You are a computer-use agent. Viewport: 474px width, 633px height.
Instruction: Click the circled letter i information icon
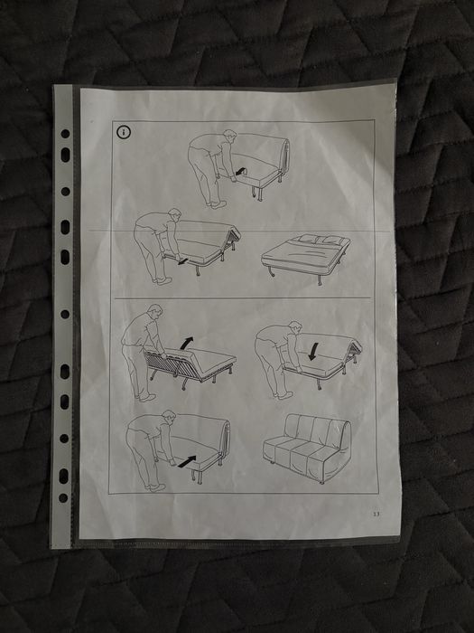(124, 132)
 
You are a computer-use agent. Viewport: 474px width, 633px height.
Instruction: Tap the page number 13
(376, 514)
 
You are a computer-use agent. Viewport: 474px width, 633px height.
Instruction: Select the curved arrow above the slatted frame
(186, 343)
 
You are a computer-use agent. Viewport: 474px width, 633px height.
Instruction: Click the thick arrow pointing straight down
(312, 352)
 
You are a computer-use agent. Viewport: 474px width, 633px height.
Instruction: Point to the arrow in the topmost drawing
(242, 172)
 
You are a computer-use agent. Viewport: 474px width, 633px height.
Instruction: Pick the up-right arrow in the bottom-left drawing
(187, 462)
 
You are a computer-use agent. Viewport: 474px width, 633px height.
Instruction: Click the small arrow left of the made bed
(182, 261)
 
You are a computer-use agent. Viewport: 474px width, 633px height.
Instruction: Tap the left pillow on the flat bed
(307, 239)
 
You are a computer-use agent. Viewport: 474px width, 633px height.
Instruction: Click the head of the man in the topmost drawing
(229, 136)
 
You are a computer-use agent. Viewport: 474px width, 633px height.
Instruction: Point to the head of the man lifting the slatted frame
(155, 311)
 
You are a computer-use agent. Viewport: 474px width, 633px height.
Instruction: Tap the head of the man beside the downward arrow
(294, 327)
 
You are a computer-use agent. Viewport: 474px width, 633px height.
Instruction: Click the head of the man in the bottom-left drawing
(169, 417)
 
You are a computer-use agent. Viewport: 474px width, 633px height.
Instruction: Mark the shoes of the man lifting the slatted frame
(145, 398)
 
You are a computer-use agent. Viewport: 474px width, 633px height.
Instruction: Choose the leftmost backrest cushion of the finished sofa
(293, 428)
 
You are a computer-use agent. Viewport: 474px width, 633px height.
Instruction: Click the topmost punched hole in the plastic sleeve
(65, 134)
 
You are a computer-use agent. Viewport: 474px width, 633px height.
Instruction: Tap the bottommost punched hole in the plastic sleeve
(63, 497)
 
